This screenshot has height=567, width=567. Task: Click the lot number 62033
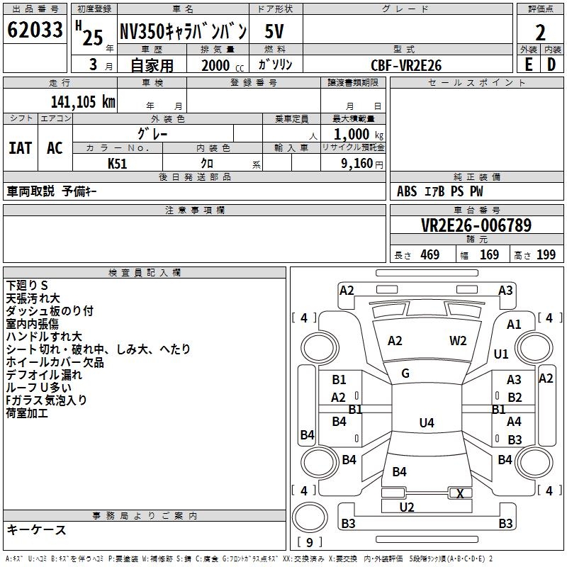[x=34, y=30]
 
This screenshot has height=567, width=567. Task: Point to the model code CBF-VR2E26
[x=406, y=65]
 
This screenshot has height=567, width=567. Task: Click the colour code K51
[x=118, y=163]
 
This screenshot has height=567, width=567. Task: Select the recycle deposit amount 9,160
[x=354, y=164]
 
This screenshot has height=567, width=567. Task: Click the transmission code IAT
[x=21, y=147]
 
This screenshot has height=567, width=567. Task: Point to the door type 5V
[x=276, y=31]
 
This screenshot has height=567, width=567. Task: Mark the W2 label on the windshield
[x=458, y=341]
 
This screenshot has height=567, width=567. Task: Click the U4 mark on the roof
[x=426, y=423]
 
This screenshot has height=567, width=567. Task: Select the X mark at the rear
[x=461, y=494]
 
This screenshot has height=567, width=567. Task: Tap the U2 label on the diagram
[x=407, y=507]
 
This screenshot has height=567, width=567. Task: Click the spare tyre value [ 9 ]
[x=309, y=543]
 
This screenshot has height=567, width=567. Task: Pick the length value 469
[x=430, y=254]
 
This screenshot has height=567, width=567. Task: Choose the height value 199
[x=546, y=254]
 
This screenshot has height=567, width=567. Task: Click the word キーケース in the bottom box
[x=37, y=530]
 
